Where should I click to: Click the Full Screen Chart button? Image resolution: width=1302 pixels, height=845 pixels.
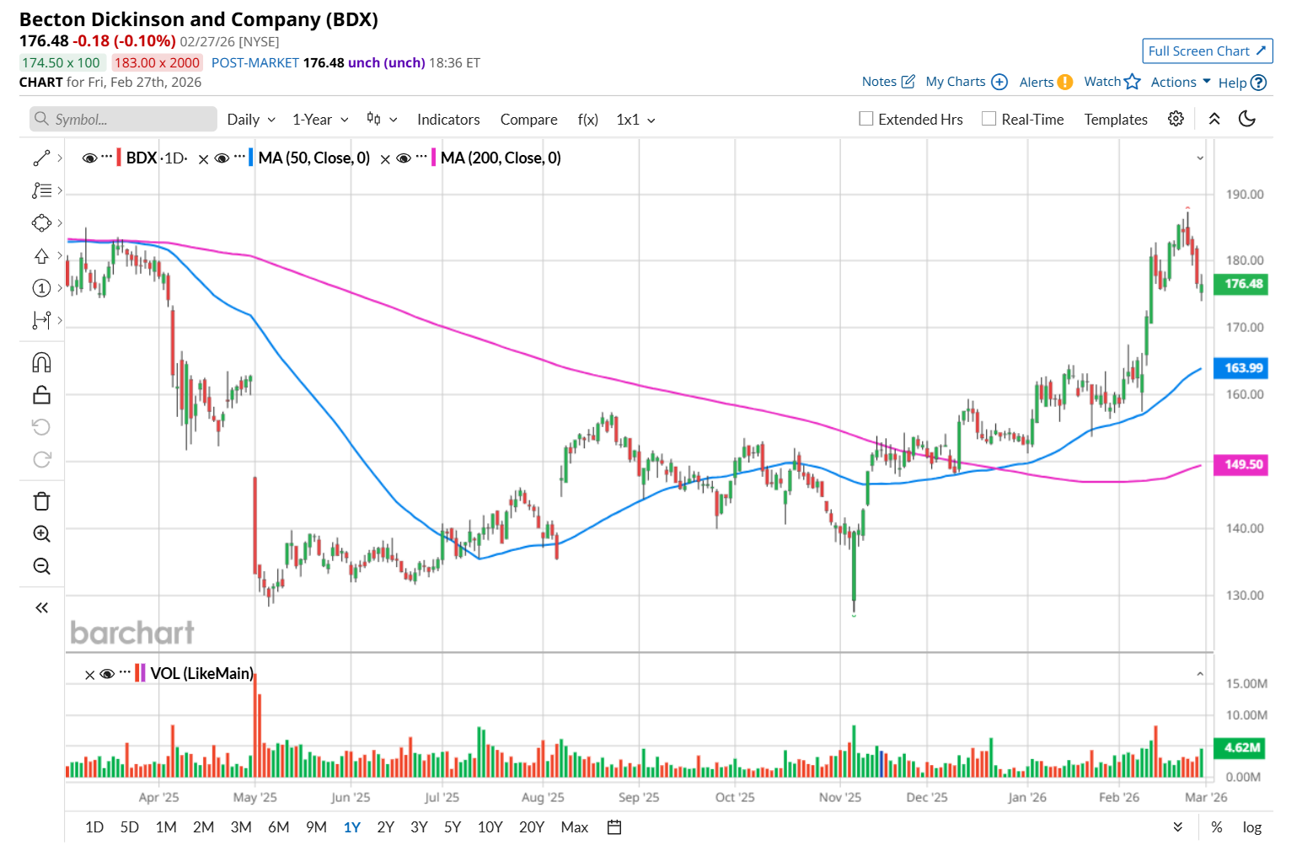(x=1207, y=51)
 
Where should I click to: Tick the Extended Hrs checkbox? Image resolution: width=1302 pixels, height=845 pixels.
(x=866, y=119)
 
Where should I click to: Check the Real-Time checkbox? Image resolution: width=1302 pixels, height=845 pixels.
(x=989, y=119)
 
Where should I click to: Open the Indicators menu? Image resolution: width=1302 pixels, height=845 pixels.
(x=448, y=120)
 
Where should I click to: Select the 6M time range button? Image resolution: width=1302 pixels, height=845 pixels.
(x=279, y=827)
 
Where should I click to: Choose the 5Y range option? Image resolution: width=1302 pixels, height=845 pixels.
(x=453, y=827)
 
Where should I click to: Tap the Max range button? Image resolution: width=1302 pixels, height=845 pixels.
(x=574, y=827)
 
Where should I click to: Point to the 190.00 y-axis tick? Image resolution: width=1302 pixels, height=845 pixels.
(x=1245, y=195)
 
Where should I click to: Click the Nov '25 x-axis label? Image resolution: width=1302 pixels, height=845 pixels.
(x=840, y=797)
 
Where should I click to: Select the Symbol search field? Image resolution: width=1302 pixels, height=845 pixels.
(x=124, y=120)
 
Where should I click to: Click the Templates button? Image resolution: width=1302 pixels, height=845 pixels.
(x=1116, y=120)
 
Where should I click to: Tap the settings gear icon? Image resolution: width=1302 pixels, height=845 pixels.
(x=1176, y=119)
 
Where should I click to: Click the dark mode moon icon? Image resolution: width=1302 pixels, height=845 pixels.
(x=1247, y=119)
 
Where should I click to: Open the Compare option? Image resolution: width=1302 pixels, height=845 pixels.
(x=528, y=120)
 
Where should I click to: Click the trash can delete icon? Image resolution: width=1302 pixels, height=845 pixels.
(x=41, y=502)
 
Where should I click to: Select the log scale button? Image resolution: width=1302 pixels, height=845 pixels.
(x=1252, y=827)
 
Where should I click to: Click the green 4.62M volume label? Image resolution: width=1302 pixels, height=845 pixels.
(x=1241, y=747)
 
